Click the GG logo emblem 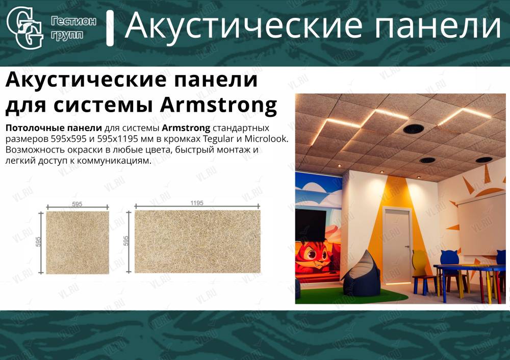25,28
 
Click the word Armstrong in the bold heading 218,106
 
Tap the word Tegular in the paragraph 219,139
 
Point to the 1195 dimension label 197,203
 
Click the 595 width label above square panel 77,204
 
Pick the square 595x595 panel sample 78,242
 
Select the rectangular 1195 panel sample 197,242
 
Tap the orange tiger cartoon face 312,254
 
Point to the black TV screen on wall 310,225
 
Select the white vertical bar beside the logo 110,28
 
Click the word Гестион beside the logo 73,21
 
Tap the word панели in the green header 438,25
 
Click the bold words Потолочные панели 54,128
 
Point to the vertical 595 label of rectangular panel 126,241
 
